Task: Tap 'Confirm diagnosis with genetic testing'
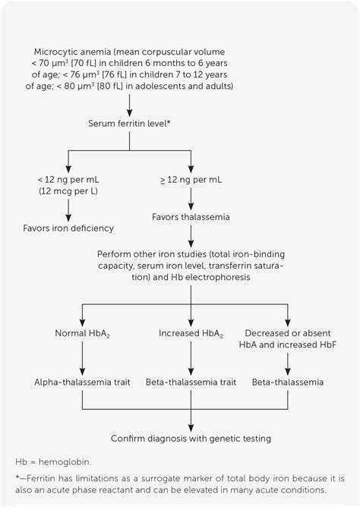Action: (191, 438)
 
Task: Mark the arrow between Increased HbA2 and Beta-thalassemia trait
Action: (191, 359)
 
